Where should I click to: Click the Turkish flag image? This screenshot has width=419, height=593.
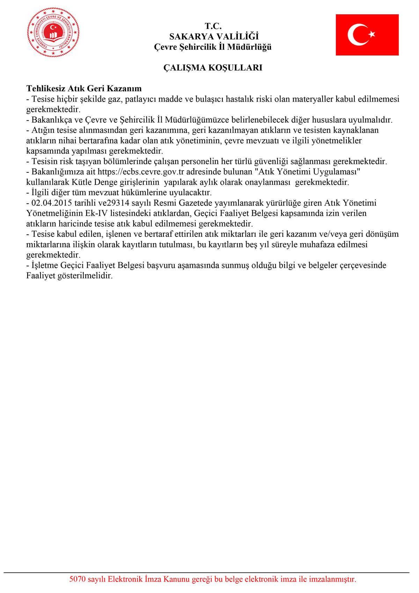pyautogui.click(x=367, y=35)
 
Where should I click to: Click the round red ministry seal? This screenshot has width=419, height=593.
pyautogui.click(x=53, y=32)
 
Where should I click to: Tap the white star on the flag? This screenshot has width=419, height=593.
pyautogui.click(x=372, y=34)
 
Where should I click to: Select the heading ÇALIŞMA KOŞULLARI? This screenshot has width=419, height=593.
pyautogui.click(x=213, y=68)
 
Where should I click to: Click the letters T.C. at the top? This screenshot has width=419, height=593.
pyautogui.click(x=213, y=26)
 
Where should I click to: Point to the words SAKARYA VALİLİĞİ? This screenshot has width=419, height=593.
pyautogui.click(x=214, y=37)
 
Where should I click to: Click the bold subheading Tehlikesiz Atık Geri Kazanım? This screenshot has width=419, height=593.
pyautogui.click(x=84, y=89)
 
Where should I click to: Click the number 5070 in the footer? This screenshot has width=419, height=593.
pyautogui.click(x=77, y=579)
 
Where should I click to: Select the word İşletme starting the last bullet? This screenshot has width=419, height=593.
pyautogui.click(x=45, y=265)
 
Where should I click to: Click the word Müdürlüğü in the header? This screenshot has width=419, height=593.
pyautogui.click(x=249, y=47)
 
